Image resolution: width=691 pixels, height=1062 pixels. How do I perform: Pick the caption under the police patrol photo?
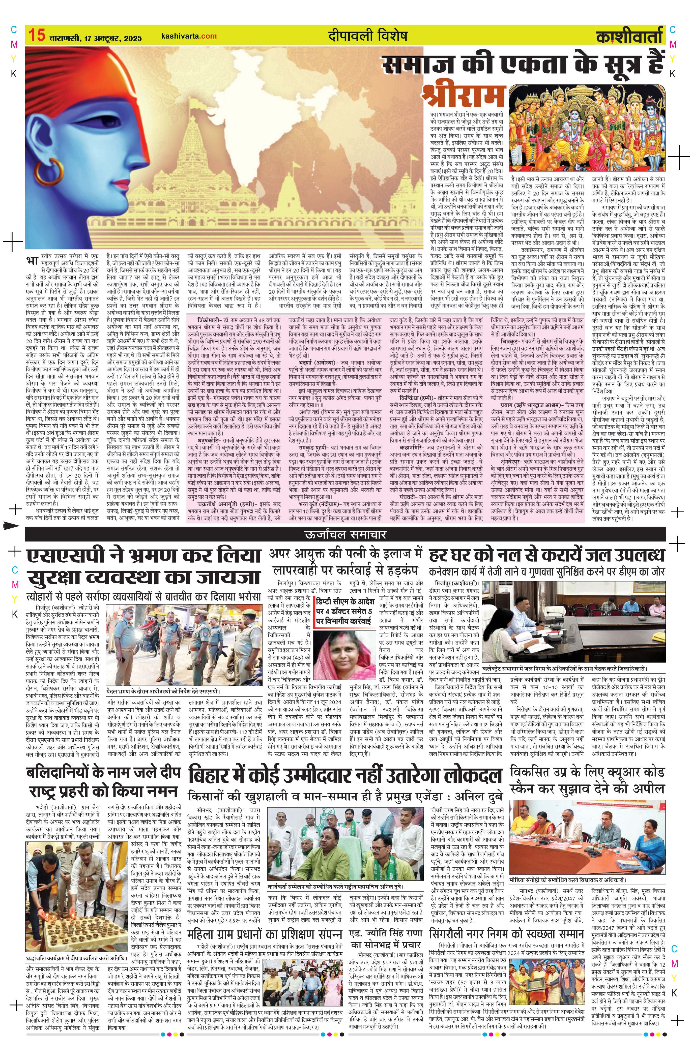click(x=163, y=692)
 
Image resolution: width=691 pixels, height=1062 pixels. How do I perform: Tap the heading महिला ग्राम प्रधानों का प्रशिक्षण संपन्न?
click(x=265, y=934)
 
